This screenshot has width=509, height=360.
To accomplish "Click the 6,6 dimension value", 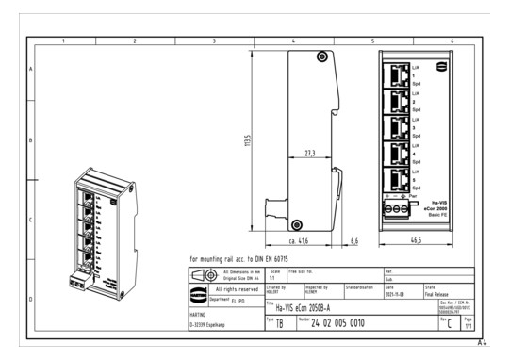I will (354, 242).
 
